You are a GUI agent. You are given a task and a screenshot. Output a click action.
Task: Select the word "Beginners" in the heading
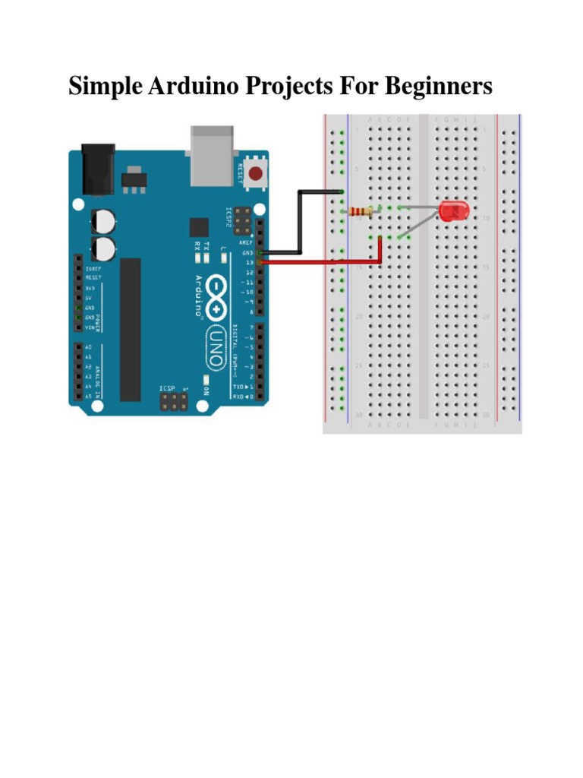click(438, 87)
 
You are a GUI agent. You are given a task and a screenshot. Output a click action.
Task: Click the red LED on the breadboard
click(455, 211)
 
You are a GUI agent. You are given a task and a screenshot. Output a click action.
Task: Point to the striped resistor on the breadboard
click(361, 212)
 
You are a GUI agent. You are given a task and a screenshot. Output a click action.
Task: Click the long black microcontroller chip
click(131, 328)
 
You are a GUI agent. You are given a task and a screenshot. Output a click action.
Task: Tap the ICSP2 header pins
click(242, 220)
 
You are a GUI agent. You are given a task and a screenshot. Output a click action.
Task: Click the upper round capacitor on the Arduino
click(103, 220)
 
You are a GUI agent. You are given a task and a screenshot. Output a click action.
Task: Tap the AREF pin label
click(247, 243)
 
